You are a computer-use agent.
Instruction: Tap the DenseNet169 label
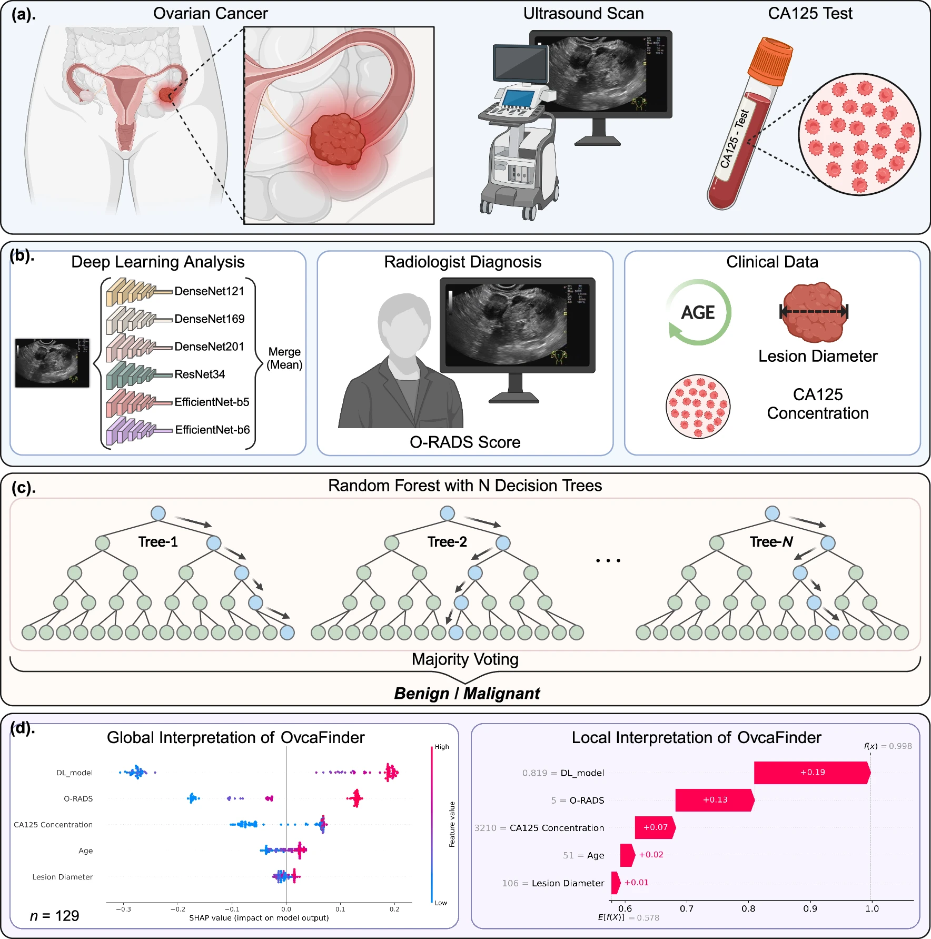coord(209,319)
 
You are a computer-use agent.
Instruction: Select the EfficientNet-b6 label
coord(212,430)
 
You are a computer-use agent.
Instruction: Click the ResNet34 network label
coord(200,374)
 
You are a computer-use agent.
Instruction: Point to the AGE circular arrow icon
coord(698,312)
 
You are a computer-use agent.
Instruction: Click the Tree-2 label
coord(447,542)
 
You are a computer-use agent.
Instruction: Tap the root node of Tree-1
coord(158,513)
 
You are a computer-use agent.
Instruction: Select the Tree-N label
coord(771,542)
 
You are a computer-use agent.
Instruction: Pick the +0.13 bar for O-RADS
coord(715,800)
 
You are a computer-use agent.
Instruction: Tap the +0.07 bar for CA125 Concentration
coord(655,827)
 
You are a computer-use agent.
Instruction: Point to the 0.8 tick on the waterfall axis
coord(748,908)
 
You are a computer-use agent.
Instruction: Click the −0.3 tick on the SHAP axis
coord(123,909)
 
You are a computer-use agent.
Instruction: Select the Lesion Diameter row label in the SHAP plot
coord(62,877)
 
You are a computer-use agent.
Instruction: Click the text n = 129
coord(54,916)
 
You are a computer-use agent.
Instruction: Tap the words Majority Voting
coord(465,659)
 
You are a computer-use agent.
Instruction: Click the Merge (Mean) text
coord(284,358)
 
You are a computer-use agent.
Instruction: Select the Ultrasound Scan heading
coord(583,14)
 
